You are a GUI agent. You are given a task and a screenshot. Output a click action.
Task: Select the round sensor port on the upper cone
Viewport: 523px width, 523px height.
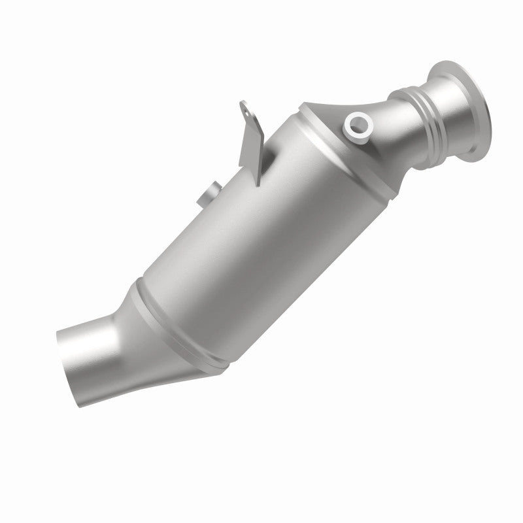[358, 124]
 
